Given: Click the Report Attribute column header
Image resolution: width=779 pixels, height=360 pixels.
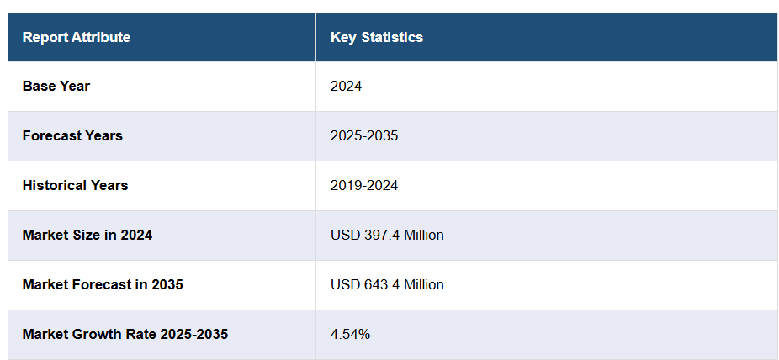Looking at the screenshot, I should pos(77,37).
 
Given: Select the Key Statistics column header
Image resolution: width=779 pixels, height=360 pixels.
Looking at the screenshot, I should pos(377,37).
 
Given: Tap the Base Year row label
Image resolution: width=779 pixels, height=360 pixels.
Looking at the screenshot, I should pos(56,86).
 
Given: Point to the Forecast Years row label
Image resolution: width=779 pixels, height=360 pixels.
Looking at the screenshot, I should pos(72,135).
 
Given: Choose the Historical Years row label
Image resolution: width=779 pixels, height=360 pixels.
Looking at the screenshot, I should pos(76,185).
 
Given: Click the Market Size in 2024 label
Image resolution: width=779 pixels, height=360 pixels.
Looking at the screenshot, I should pos(87,235).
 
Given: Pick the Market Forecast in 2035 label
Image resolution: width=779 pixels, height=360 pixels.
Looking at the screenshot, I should pos(103,284).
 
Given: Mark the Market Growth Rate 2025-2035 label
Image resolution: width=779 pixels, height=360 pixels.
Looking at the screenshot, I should pos(125,334).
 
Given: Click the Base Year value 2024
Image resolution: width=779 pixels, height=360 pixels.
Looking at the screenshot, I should pos(347,86).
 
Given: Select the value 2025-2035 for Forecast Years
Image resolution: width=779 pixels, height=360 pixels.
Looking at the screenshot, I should pos(364,135).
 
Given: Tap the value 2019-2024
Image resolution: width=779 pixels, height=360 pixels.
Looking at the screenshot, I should pos(364,185).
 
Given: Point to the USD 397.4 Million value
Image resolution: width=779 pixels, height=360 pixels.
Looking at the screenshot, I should pos(387,235).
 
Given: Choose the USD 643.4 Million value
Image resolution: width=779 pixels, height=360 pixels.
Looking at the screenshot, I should pos(387,284).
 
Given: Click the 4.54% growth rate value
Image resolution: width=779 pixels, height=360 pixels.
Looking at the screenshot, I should pos(351,334).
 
